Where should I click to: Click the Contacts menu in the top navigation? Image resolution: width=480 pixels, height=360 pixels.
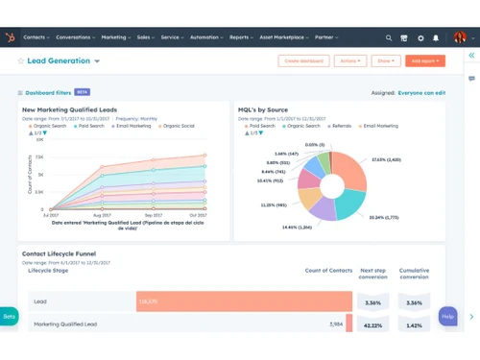pyautogui.click(x=36, y=37)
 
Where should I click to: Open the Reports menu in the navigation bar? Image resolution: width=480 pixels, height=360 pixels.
pyautogui.click(x=241, y=37)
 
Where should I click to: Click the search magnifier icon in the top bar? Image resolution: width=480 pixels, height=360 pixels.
pyautogui.click(x=389, y=38)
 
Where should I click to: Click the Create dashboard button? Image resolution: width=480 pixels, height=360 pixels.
pyautogui.click(x=302, y=60)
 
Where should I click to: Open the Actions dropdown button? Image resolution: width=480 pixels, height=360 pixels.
pyautogui.click(x=349, y=60)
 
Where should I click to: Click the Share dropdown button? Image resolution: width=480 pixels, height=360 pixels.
pyautogui.click(x=386, y=60)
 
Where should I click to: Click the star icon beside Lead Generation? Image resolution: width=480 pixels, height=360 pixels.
pyautogui.click(x=21, y=60)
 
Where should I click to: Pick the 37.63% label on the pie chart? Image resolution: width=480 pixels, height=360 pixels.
pyautogui.click(x=385, y=160)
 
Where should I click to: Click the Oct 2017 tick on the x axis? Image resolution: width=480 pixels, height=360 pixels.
pyautogui.click(x=197, y=216)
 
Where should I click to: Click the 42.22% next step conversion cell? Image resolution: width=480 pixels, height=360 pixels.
pyautogui.click(x=372, y=324)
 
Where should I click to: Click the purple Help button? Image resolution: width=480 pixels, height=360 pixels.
pyautogui.click(x=447, y=315)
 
